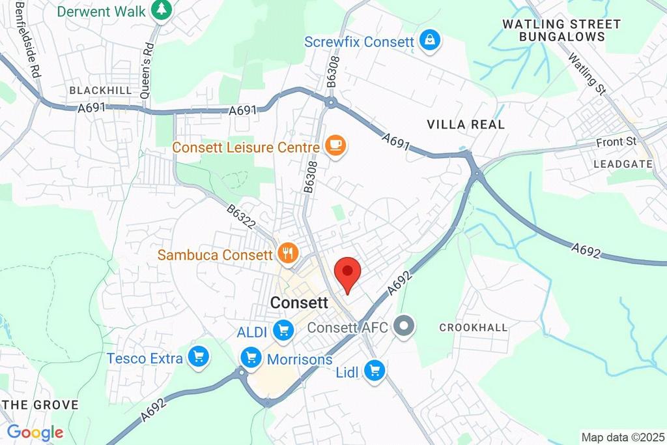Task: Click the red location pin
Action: [347, 273]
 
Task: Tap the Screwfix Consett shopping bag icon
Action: [430, 42]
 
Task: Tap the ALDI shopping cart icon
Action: [283, 331]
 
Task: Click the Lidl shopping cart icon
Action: [375, 371]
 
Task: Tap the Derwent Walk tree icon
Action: [161, 10]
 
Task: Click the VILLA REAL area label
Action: [466, 124]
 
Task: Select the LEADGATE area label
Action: [623, 164]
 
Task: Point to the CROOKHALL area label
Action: [473, 327]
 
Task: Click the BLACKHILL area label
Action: [100, 90]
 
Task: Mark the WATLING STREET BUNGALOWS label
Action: [561, 31]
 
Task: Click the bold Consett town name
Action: [298, 303]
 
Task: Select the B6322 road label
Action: [242, 219]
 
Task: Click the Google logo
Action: [35, 431]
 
